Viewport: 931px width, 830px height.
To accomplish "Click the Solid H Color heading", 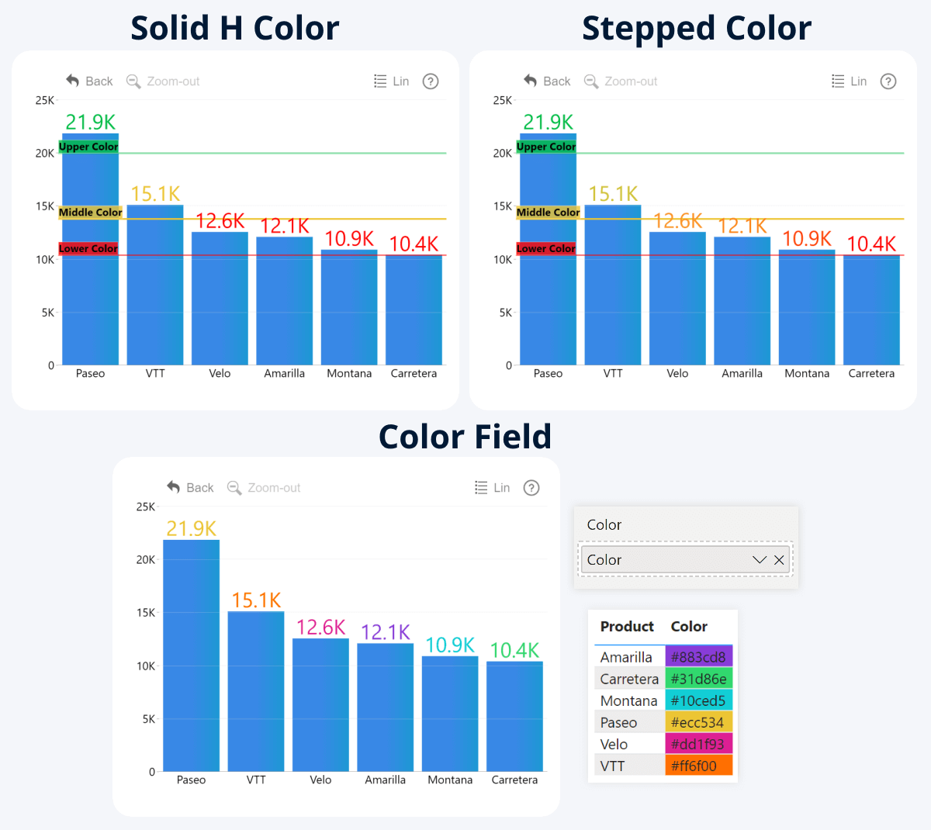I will (x=234, y=29).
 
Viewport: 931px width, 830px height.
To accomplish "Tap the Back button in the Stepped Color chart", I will (x=547, y=81).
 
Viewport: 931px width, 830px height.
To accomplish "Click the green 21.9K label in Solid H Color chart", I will (x=90, y=123).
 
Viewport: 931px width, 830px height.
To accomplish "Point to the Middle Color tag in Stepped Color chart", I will (x=548, y=213).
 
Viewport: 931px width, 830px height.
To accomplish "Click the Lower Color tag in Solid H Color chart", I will (x=88, y=249).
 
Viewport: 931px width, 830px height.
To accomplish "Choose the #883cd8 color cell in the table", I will (x=698, y=657).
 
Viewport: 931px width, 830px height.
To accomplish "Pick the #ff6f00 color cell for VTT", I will (x=698, y=766).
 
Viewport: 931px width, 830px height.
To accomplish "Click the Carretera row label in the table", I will (x=629, y=679).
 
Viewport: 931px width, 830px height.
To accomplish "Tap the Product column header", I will (x=627, y=627).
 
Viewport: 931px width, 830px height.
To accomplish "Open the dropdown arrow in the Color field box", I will (x=760, y=560).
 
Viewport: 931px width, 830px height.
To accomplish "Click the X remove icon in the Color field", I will (x=779, y=560).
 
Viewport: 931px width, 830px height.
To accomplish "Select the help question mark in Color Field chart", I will (x=531, y=488).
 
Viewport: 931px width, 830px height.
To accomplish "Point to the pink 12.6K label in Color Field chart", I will (x=320, y=628).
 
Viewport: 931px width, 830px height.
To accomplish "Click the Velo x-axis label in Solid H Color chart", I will (x=220, y=374).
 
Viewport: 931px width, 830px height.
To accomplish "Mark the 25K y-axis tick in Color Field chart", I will (x=145, y=507).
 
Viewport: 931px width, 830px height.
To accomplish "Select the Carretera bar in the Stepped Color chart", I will (x=871, y=310).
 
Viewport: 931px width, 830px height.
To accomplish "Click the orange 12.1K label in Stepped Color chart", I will (x=742, y=226).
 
